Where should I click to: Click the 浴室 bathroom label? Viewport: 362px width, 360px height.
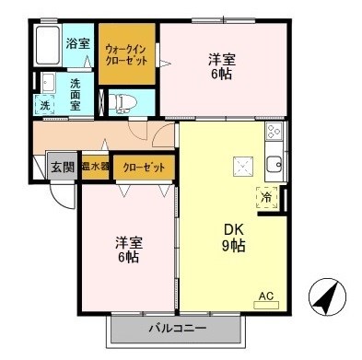pos(77,41)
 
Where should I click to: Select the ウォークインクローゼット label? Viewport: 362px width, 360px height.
pos(125,53)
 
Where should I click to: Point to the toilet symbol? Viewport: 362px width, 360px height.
pos(123,100)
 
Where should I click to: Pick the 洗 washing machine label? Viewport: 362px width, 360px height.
pos(44,106)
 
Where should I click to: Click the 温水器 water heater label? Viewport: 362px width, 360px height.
pos(95,167)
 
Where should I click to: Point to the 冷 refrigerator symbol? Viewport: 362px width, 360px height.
pos(266,196)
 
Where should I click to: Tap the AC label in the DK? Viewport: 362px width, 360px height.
pos(265,296)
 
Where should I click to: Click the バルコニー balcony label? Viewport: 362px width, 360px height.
pos(175,328)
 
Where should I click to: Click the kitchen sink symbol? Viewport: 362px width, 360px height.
pos(274,167)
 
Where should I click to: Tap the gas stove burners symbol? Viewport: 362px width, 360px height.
pos(274,134)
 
